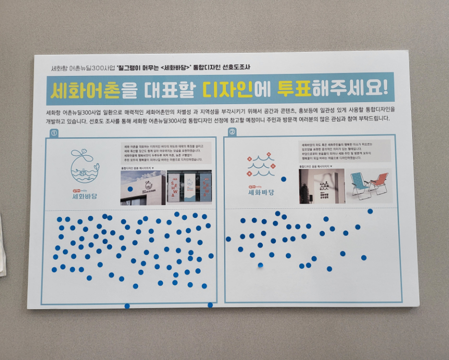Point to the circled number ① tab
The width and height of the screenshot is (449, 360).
click(54, 133)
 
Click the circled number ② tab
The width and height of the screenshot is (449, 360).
click(232, 132)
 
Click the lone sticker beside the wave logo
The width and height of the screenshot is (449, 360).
click(283, 179)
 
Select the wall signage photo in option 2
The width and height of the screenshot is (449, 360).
click(321, 185)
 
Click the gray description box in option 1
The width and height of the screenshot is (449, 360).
click(166, 153)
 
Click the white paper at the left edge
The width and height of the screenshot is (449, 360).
click(2, 239)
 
